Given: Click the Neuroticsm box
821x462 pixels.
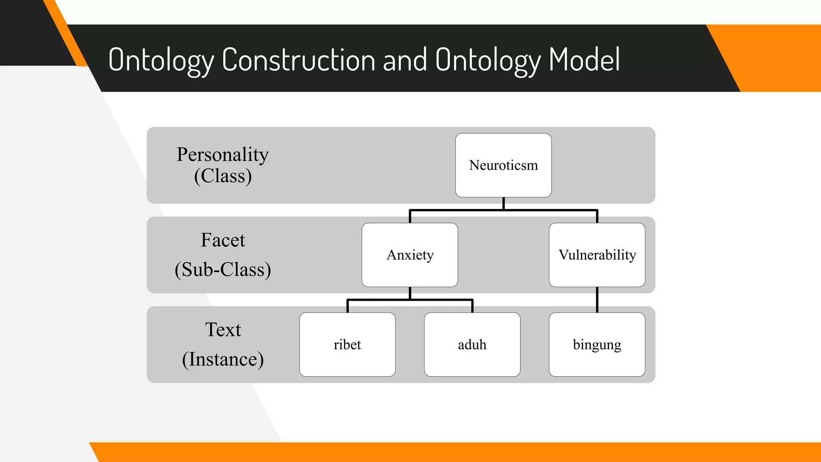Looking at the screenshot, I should click(x=503, y=165).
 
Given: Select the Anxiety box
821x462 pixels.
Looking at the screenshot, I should click(x=410, y=255).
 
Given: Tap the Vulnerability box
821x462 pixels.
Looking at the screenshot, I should click(x=597, y=255).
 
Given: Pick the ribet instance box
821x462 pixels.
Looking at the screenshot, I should click(x=347, y=344).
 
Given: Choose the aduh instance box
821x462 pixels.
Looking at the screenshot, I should click(x=472, y=344).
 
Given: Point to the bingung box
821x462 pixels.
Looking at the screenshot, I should click(x=597, y=344).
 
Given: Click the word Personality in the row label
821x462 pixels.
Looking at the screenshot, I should click(x=222, y=155).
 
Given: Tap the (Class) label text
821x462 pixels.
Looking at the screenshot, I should click(x=223, y=176).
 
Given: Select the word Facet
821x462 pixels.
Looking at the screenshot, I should click(x=222, y=240).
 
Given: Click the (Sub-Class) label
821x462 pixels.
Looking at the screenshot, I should click(x=223, y=269).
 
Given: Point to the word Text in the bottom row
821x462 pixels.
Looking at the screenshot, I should click(x=223, y=330).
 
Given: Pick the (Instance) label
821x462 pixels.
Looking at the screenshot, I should click(x=223, y=359).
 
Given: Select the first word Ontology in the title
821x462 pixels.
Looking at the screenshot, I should click(x=161, y=60).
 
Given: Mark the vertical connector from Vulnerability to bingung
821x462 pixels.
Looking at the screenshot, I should click(x=597, y=300).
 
